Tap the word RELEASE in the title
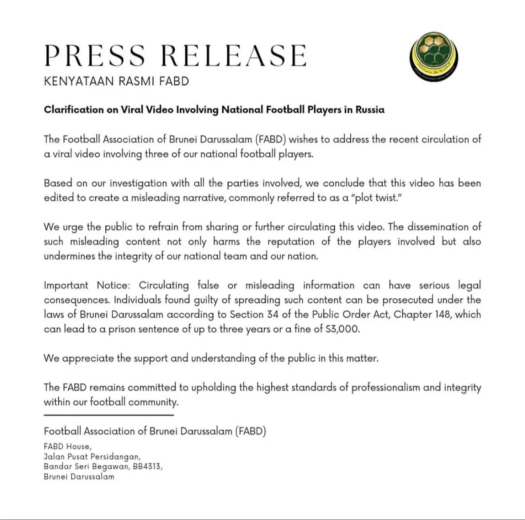click(x=233, y=55)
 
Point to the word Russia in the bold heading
click(x=369, y=110)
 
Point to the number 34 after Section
click(x=273, y=314)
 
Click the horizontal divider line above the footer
click(x=108, y=415)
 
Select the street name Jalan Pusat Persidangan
click(x=92, y=456)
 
